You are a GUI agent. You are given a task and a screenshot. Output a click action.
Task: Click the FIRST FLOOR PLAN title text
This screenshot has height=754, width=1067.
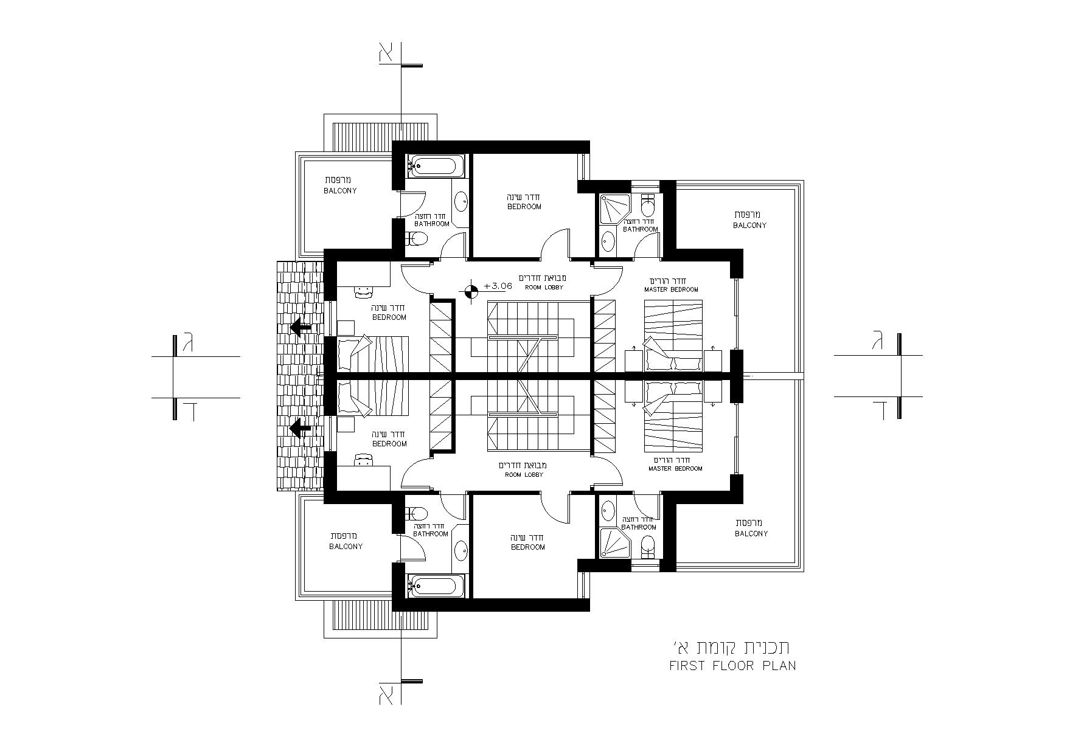(732, 665)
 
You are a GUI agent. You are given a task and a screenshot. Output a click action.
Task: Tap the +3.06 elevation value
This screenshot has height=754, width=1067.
(498, 285)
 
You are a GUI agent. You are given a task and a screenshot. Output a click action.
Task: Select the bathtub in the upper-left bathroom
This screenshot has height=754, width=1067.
(435, 165)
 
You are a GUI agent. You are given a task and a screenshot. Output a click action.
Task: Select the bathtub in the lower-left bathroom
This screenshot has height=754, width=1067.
(435, 587)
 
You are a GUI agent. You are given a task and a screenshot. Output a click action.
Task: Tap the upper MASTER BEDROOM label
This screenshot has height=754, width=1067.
(671, 289)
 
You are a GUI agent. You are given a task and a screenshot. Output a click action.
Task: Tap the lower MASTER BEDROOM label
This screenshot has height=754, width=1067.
(675, 469)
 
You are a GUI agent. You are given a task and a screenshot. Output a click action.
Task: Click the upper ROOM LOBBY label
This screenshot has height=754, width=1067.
(544, 287)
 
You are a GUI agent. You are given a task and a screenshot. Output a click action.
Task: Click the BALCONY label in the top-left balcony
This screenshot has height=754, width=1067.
(340, 190)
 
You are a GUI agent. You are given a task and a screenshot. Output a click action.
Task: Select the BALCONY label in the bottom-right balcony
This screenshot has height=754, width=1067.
(751, 533)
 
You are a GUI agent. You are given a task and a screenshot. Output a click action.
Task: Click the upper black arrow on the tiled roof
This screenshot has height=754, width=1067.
(301, 327)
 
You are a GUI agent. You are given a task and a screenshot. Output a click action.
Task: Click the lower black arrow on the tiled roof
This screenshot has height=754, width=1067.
(301, 429)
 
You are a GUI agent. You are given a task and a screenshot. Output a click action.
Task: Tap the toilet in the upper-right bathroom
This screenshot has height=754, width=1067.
(648, 205)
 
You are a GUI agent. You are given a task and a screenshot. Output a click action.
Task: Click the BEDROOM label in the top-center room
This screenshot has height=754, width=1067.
(524, 207)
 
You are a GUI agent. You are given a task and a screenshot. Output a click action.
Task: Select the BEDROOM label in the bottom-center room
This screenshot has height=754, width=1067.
(528, 547)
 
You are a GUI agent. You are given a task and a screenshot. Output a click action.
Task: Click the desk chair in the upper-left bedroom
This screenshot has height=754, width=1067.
(363, 291)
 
